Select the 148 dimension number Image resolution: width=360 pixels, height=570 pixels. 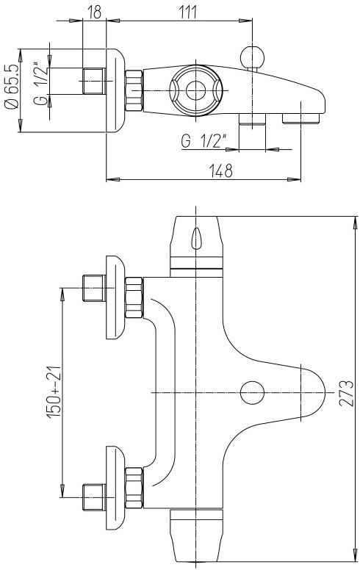(x=220, y=170)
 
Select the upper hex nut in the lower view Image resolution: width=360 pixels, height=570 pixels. (x=134, y=297)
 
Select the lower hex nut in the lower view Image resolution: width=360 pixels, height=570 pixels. (x=134, y=487)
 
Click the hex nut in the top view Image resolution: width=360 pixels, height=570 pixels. (x=134, y=90)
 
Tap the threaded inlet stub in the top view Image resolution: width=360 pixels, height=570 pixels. (x=94, y=80)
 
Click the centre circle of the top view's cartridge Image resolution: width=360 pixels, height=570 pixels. (x=196, y=90)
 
